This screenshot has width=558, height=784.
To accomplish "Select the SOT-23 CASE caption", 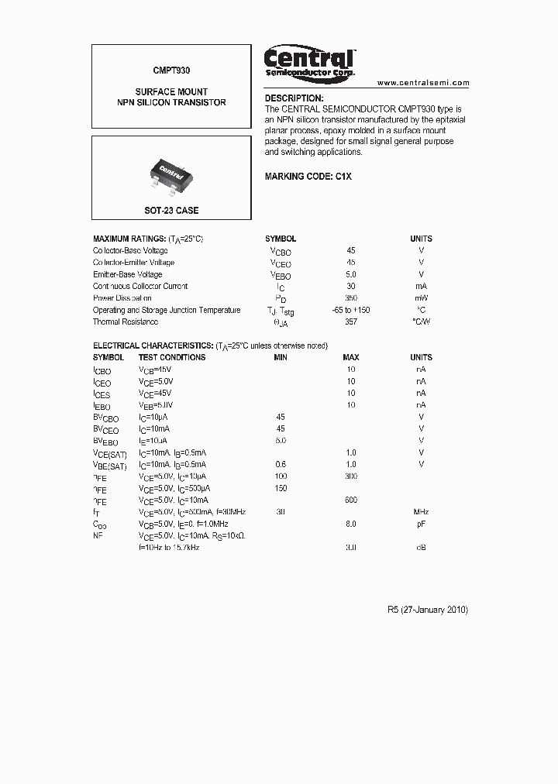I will point(171,211).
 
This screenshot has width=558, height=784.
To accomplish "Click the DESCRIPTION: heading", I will point(294,98).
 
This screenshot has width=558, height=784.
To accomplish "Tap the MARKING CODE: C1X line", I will point(308,177).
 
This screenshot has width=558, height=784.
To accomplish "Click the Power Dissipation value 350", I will point(351,298).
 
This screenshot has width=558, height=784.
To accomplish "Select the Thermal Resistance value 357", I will point(351,322).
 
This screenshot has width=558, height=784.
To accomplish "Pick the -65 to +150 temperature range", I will point(351,310).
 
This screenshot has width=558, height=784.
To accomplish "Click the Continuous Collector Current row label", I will point(140,286).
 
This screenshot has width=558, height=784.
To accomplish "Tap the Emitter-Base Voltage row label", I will point(127,274).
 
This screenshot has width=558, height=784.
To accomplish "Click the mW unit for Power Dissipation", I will point(421,298).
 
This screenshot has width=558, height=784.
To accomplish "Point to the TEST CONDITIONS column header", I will point(172,357).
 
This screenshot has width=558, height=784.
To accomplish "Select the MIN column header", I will point(281,357).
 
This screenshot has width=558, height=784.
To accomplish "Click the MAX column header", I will point(351,357).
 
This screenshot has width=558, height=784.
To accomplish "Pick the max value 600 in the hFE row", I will point(351,500).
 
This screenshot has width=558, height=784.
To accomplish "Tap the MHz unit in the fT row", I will point(421,512).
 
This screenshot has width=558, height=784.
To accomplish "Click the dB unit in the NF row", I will point(421,548).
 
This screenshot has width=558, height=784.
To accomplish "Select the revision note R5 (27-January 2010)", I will point(427,610).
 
